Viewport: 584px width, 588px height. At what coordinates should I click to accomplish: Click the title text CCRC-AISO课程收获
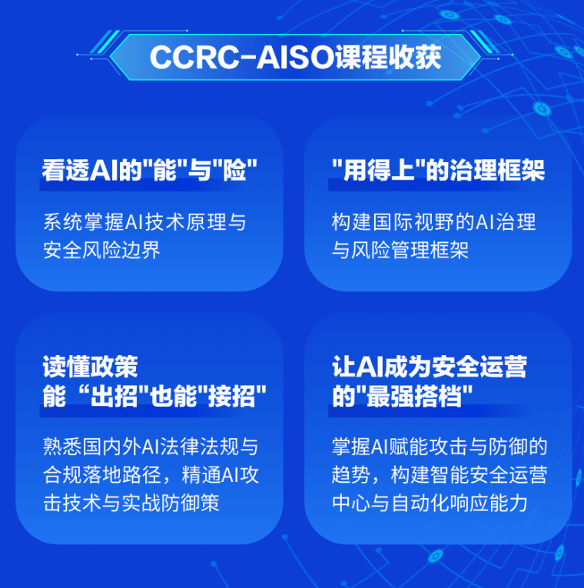point(295,58)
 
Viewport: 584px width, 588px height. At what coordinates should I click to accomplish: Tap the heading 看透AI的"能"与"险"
point(150,170)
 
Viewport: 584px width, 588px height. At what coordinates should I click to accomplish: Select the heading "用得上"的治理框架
point(438,170)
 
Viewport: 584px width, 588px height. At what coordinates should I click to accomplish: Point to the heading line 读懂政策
point(91,367)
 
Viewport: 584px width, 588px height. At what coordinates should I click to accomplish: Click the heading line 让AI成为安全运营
point(430,367)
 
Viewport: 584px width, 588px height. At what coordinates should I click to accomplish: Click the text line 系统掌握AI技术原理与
point(144,222)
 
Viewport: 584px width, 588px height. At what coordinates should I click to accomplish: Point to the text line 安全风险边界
point(101,250)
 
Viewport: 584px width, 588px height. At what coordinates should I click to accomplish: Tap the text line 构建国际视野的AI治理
point(433,222)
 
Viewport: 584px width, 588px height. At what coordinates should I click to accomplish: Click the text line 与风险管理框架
point(400,250)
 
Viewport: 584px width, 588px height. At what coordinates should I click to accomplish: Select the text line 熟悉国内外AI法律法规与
point(151,447)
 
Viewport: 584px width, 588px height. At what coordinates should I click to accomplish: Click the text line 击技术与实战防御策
point(131,503)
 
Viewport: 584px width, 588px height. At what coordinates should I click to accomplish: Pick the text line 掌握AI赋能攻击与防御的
point(440,447)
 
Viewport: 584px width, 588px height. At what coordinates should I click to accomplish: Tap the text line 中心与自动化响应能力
point(430,503)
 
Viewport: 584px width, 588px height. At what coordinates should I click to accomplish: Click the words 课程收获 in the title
point(388,58)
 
